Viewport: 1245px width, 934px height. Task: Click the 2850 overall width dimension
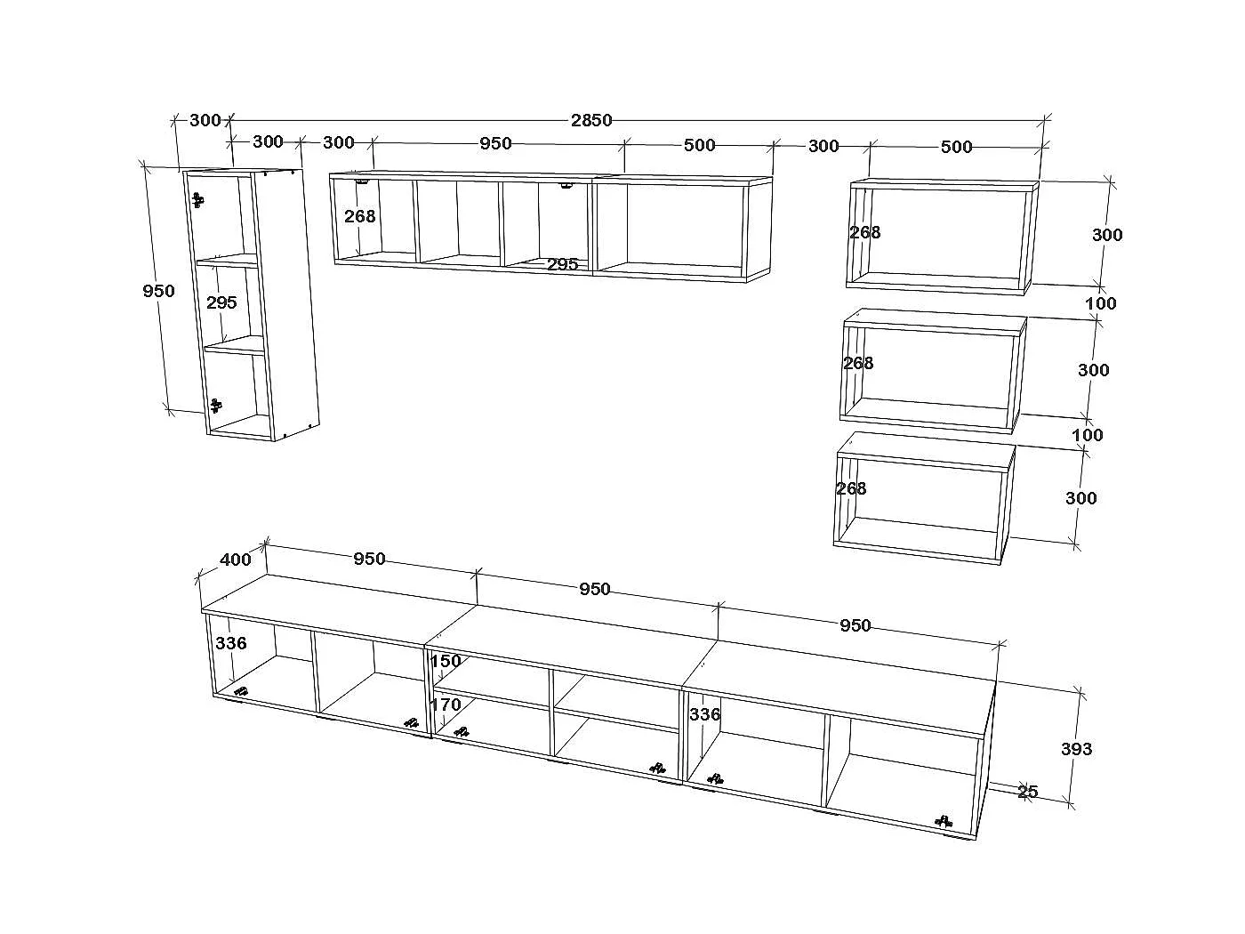tap(591, 120)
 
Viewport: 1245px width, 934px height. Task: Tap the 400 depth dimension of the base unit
tap(236, 560)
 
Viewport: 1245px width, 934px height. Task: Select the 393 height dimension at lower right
tap(1077, 749)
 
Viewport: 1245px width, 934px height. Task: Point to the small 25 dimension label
tap(1028, 792)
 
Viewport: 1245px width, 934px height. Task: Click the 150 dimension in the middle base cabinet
tap(446, 661)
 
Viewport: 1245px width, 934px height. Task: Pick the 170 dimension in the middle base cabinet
tap(446, 705)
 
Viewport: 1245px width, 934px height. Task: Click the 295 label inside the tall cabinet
tap(221, 302)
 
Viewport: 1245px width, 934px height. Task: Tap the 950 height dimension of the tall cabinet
tap(158, 291)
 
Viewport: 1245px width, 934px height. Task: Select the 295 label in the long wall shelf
tap(562, 264)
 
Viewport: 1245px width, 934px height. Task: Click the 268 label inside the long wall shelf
tap(359, 216)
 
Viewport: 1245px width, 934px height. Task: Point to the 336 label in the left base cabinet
tap(231, 643)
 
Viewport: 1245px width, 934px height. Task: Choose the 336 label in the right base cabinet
tap(705, 714)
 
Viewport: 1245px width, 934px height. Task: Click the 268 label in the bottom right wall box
tap(851, 488)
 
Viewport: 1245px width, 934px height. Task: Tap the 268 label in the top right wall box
tap(865, 232)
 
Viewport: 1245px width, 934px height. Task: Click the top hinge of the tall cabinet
tap(197, 200)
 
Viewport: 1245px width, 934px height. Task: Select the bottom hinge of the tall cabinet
tap(215, 405)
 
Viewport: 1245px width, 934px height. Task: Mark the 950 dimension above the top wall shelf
tap(495, 143)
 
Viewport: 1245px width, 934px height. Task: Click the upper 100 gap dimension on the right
tap(1101, 303)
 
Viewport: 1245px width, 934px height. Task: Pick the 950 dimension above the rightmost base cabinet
tap(855, 625)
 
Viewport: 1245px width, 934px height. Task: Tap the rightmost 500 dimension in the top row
tap(956, 147)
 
